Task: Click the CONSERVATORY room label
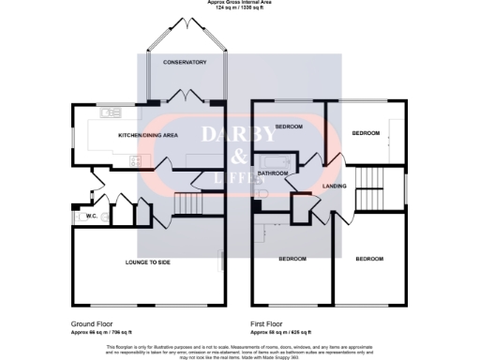pyautogui.click(x=184, y=62)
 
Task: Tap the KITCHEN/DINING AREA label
pyautogui.click(x=147, y=136)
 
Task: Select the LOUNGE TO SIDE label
pyautogui.click(x=149, y=261)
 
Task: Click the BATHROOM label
pyautogui.click(x=273, y=173)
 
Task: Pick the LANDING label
pyautogui.click(x=334, y=186)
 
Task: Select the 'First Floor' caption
pyautogui.click(x=267, y=324)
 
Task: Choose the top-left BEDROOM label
pyautogui.click(x=288, y=127)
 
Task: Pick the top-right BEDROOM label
pyautogui.click(x=366, y=133)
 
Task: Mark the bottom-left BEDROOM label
pyautogui.click(x=292, y=258)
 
